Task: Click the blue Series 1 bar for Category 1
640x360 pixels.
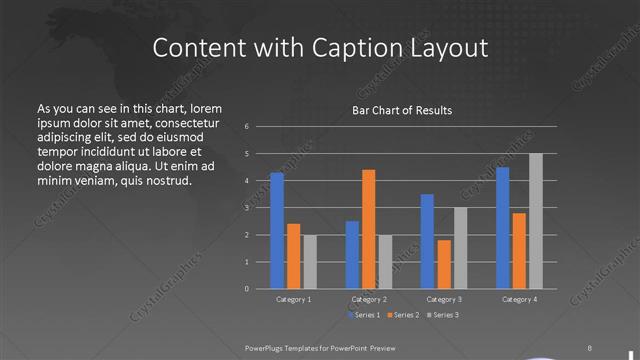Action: (x=277, y=230)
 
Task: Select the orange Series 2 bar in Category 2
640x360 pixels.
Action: (x=369, y=229)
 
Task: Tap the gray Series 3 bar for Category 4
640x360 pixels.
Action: (x=536, y=221)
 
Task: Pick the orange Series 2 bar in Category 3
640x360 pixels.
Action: (x=444, y=264)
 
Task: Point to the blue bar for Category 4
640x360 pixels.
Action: (x=502, y=227)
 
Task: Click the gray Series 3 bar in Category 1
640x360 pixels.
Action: (x=310, y=261)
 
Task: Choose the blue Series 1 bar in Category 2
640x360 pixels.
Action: (x=352, y=254)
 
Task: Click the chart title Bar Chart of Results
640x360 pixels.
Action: (x=402, y=110)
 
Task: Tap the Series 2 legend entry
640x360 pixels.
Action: (x=404, y=315)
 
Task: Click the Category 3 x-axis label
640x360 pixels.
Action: (x=444, y=299)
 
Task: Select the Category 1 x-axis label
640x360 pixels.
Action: (x=293, y=299)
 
